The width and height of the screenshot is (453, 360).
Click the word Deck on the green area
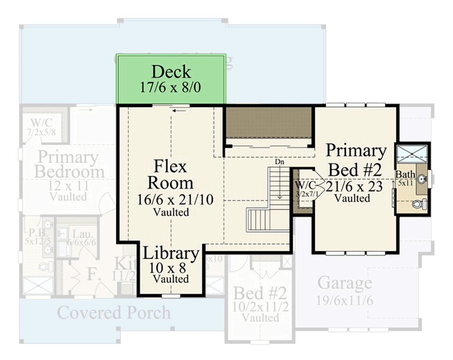pos(171,72)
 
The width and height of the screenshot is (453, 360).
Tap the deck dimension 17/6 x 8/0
pos(171,86)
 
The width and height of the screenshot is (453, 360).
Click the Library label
pos(171,254)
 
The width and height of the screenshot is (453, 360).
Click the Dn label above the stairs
pos(280,162)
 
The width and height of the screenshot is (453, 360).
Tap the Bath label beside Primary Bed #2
pos(405,174)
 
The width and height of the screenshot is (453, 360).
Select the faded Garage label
pos(344,283)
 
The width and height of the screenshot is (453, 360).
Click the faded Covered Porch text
pos(114,312)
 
